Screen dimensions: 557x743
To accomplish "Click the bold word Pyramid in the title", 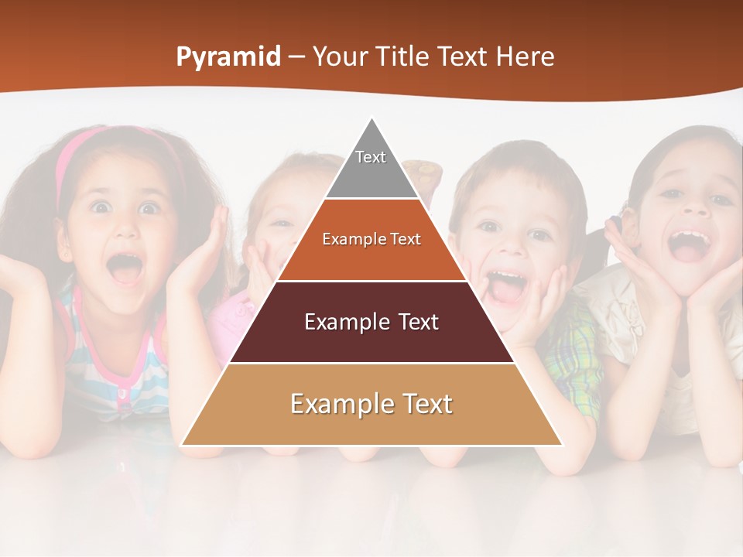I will point(228,57).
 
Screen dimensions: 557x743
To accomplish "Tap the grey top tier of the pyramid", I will point(371,174).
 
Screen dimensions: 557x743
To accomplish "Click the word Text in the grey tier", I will point(371,157).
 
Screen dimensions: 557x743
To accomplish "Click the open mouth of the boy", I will point(507,286).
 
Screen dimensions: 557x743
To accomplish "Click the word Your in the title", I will point(338,57).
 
